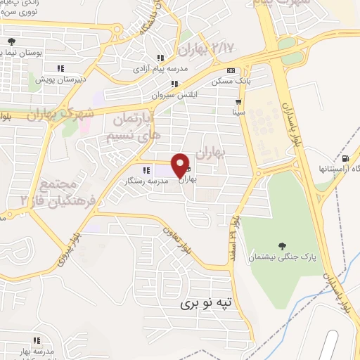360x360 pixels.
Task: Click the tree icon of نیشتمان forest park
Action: click(282, 246)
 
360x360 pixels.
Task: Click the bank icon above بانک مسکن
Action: click(231, 71)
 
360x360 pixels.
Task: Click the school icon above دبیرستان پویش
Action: click(60, 68)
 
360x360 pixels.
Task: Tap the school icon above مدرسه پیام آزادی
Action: click(160, 58)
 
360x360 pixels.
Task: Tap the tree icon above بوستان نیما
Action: click(11, 41)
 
